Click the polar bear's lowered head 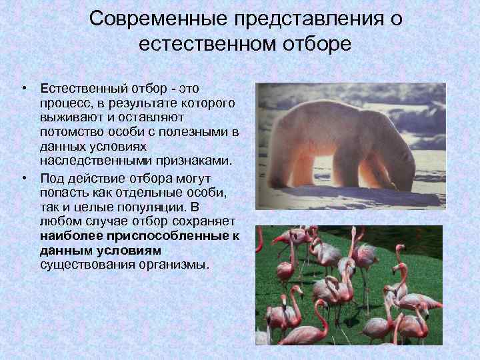pyautogui.click(x=399, y=179)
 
